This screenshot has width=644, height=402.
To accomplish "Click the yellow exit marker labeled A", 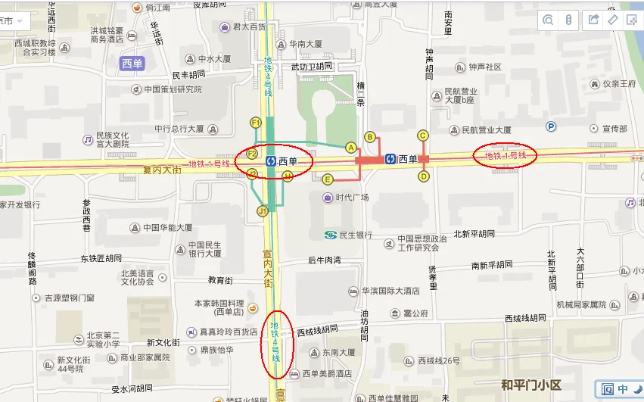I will coord(350,147).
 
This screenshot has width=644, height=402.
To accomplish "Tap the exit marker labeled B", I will coord(370,137).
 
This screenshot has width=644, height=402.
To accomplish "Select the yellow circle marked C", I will coord(423,136).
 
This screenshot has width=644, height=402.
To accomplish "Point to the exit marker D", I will coord(424,176).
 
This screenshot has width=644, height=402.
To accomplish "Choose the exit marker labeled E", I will coord(328,179).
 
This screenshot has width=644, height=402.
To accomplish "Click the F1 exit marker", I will coord(256,123).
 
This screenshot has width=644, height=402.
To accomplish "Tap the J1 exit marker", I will coord(263,210).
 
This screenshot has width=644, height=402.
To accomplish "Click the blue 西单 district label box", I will coord(132,64).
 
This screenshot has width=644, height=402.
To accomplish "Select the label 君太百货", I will coord(249,27).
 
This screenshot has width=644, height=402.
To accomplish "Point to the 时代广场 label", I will coord(352,198).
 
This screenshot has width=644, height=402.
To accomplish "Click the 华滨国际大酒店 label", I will coord(390,291).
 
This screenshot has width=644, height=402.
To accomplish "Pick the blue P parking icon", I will coord(551,127).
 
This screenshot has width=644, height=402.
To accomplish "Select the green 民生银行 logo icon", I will coord(330,235).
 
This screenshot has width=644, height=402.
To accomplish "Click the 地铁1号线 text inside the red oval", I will coord(506,156).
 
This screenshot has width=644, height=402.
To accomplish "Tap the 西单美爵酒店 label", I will coord(327,374).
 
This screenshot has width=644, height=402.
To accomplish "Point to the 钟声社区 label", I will coord(485,67).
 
